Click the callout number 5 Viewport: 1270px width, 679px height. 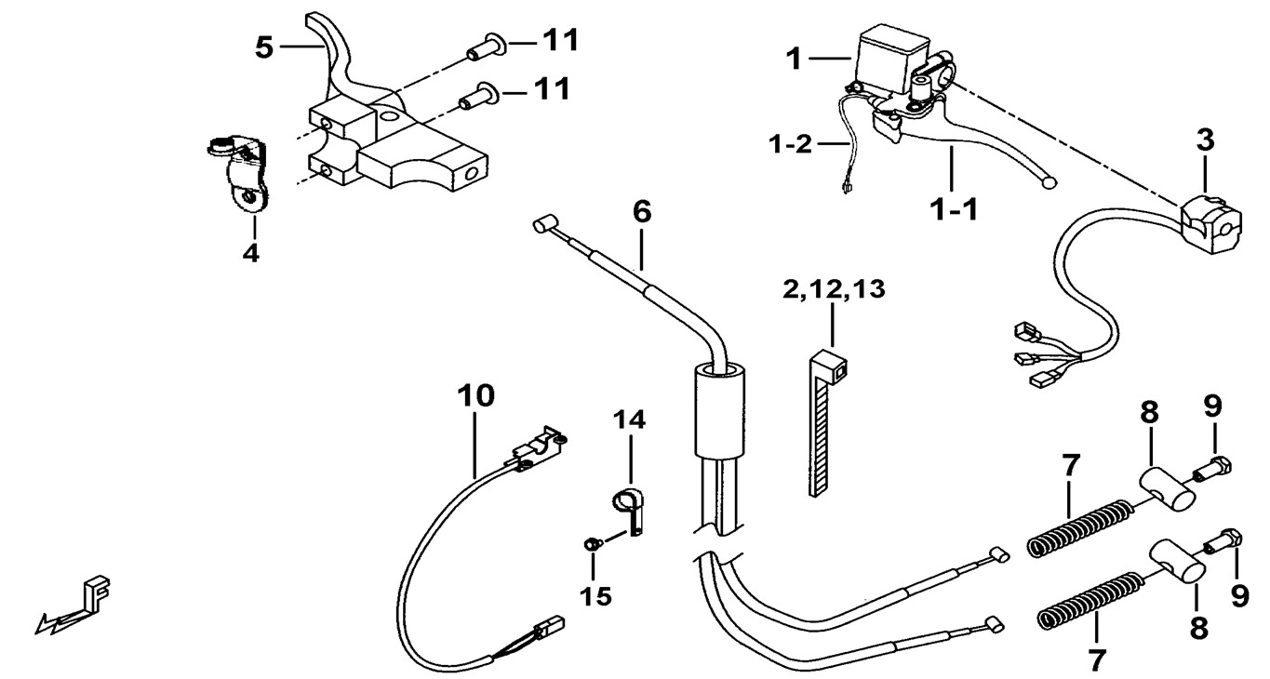tap(265, 47)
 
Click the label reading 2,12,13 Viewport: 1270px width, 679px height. tap(833, 289)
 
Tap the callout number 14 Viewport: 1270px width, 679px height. tap(628, 420)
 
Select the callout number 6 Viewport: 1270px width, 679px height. tap(642, 212)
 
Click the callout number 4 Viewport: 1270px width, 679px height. tap(251, 251)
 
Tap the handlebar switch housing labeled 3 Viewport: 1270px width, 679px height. tap(1206, 221)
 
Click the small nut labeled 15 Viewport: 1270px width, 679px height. tap(590, 542)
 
